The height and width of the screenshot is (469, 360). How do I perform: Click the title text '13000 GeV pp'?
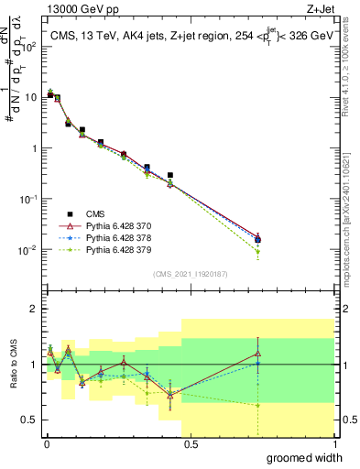coord(73,10)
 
